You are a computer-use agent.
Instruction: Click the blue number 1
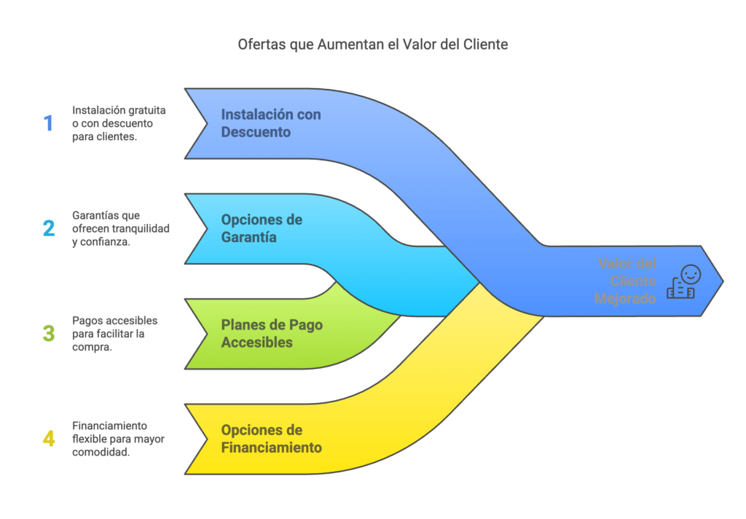click(x=49, y=123)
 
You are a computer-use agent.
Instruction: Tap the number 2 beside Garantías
click(x=49, y=228)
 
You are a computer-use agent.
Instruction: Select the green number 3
click(x=49, y=333)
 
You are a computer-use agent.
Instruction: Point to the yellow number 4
click(x=49, y=439)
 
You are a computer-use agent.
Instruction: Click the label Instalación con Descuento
click(x=271, y=123)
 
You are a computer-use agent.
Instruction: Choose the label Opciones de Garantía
click(x=262, y=228)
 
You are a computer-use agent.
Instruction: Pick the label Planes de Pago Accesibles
click(x=272, y=333)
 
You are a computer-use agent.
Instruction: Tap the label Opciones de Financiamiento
click(x=271, y=439)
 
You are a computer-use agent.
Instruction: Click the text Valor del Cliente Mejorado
click(x=625, y=281)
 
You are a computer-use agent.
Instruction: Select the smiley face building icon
click(x=683, y=282)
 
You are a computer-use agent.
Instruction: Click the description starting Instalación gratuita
click(x=119, y=123)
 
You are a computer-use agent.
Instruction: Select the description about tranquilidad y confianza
click(x=121, y=229)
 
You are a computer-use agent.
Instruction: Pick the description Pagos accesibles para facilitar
click(x=114, y=334)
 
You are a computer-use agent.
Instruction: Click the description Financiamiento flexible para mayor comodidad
click(x=118, y=439)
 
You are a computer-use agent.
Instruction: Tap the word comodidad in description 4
click(x=101, y=453)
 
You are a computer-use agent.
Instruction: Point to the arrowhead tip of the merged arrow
click(x=723, y=281)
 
